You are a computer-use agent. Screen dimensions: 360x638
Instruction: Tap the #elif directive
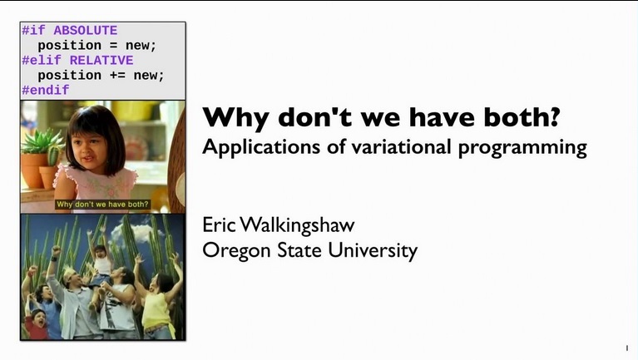point(42,60)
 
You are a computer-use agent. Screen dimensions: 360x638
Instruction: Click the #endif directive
point(45,90)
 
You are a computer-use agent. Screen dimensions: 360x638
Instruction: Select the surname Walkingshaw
point(307,225)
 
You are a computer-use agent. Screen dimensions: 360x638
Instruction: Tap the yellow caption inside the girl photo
point(102,204)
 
